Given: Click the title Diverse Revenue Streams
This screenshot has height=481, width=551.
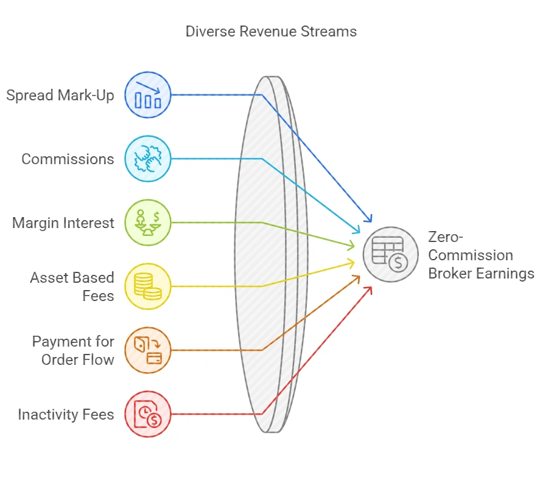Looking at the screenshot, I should click(x=271, y=31).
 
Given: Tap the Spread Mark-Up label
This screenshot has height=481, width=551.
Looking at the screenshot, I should click(x=60, y=95).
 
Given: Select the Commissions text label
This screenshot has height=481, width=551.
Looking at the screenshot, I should click(x=68, y=159).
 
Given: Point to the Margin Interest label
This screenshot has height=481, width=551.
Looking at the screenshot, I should click(x=63, y=223).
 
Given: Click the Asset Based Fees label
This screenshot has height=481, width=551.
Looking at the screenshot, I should click(x=72, y=287).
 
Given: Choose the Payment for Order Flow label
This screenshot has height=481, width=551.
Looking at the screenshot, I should click(x=73, y=350).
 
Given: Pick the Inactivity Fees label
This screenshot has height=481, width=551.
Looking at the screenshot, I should click(x=66, y=415).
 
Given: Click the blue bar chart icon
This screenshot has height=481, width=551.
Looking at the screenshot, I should click(x=148, y=95).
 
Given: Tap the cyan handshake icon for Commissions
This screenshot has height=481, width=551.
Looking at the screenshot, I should click(x=148, y=159).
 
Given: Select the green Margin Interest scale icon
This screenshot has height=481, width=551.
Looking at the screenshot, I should click(x=148, y=223).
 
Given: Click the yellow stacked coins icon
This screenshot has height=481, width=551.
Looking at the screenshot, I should click(x=148, y=286).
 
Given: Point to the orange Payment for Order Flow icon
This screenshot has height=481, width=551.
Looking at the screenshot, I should click(x=148, y=350).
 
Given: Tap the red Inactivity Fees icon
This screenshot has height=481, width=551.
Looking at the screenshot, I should click(x=148, y=414).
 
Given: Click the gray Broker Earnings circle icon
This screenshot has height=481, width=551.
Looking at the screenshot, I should click(x=390, y=254).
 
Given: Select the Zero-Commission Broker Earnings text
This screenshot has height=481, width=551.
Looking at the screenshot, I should click(x=480, y=255).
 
